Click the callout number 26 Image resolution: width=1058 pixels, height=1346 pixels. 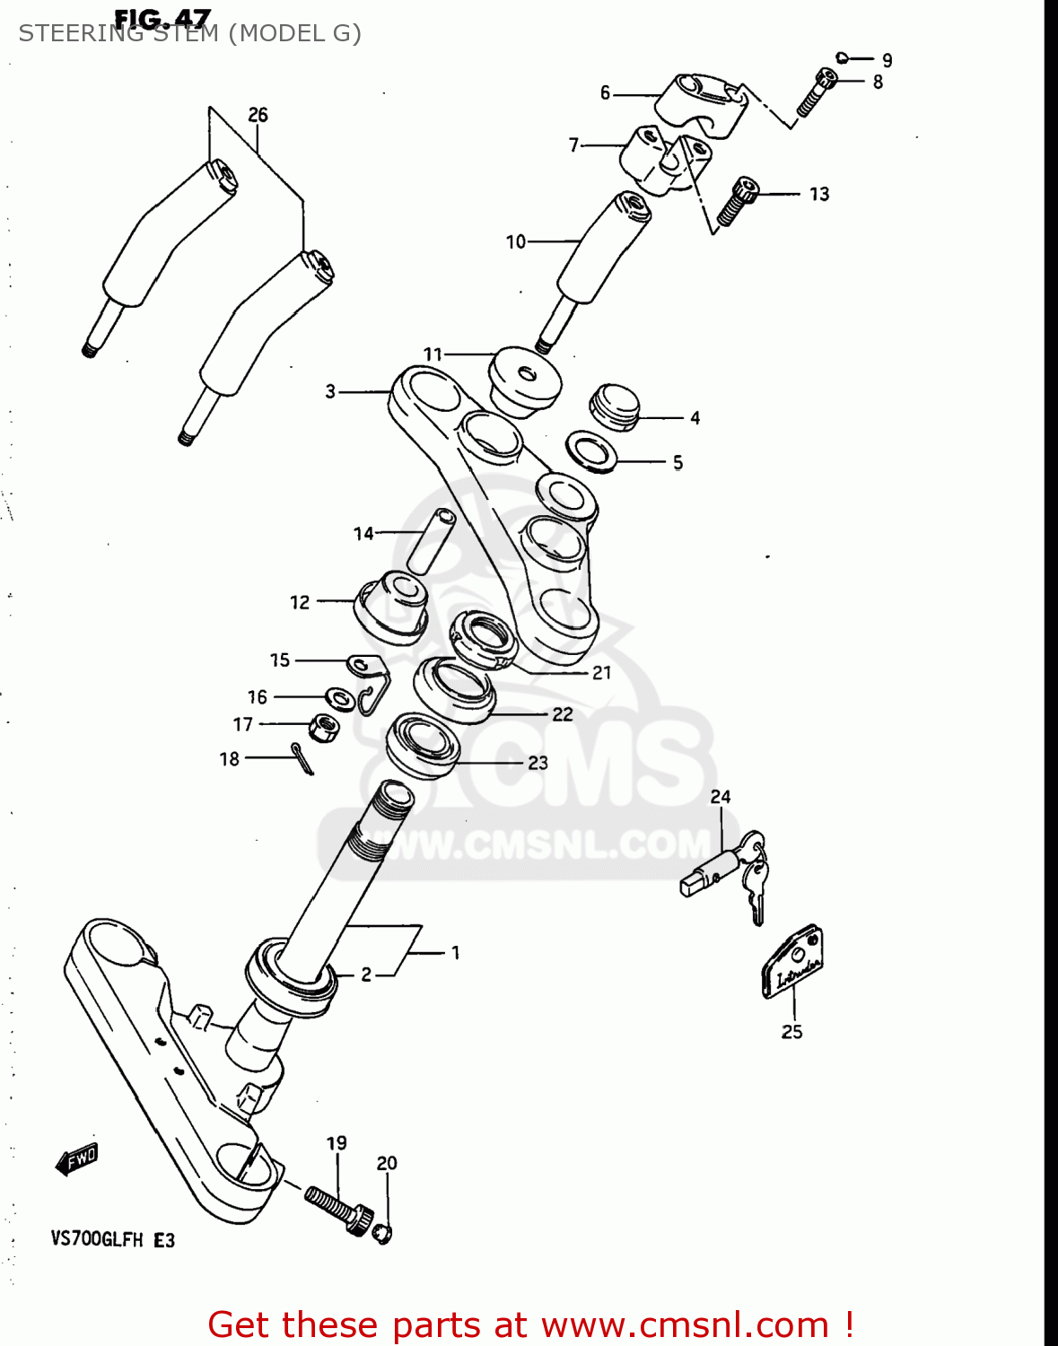coord(258,115)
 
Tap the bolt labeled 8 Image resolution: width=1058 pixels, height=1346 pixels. coord(816,93)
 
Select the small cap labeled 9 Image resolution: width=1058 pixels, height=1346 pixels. coord(842,58)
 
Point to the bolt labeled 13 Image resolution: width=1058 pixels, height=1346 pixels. coord(737,202)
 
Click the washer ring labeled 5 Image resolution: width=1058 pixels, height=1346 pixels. coord(591,451)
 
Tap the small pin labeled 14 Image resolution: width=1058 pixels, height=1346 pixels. coord(432,540)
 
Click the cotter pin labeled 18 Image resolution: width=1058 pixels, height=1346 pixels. coord(302,758)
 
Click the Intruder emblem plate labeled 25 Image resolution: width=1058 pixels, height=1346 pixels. coord(792,963)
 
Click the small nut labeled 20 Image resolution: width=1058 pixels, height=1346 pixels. coord(383,1233)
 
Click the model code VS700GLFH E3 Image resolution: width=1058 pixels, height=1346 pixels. coord(112,1239)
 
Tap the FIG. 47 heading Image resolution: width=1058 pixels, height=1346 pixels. coord(162,19)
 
